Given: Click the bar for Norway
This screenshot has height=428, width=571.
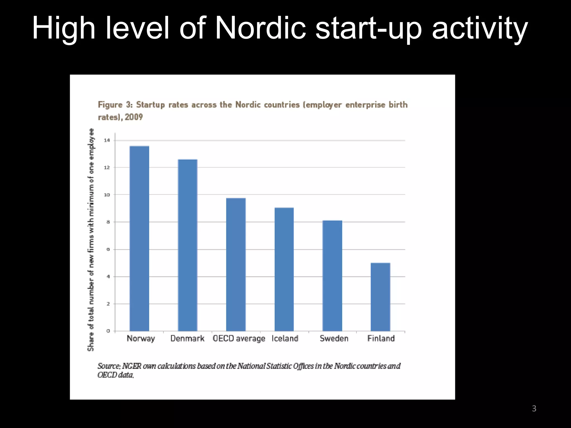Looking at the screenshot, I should [x=139, y=238].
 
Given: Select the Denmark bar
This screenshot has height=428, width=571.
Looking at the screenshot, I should [x=188, y=245].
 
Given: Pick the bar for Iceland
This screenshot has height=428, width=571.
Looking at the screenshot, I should [x=284, y=269].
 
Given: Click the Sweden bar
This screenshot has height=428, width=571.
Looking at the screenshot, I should [x=332, y=276].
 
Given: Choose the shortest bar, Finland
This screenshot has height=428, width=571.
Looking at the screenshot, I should [x=380, y=297].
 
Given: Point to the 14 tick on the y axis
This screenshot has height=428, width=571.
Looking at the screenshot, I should [x=107, y=140].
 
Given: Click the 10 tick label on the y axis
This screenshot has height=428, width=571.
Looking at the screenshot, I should [x=107, y=195].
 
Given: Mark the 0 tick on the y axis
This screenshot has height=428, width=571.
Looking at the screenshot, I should [x=108, y=331].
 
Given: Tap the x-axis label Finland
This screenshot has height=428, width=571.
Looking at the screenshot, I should [x=381, y=339].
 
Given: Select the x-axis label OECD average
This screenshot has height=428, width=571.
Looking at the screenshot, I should [x=239, y=339].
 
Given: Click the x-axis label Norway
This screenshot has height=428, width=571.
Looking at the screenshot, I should [x=141, y=339].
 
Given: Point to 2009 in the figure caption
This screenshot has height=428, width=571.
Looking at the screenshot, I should [x=134, y=117].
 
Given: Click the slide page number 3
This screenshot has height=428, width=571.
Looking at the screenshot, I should [x=534, y=408].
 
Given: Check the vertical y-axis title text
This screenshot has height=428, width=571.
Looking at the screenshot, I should [x=91, y=240].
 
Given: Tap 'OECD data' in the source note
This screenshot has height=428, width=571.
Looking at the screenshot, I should [x=115, y=375].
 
